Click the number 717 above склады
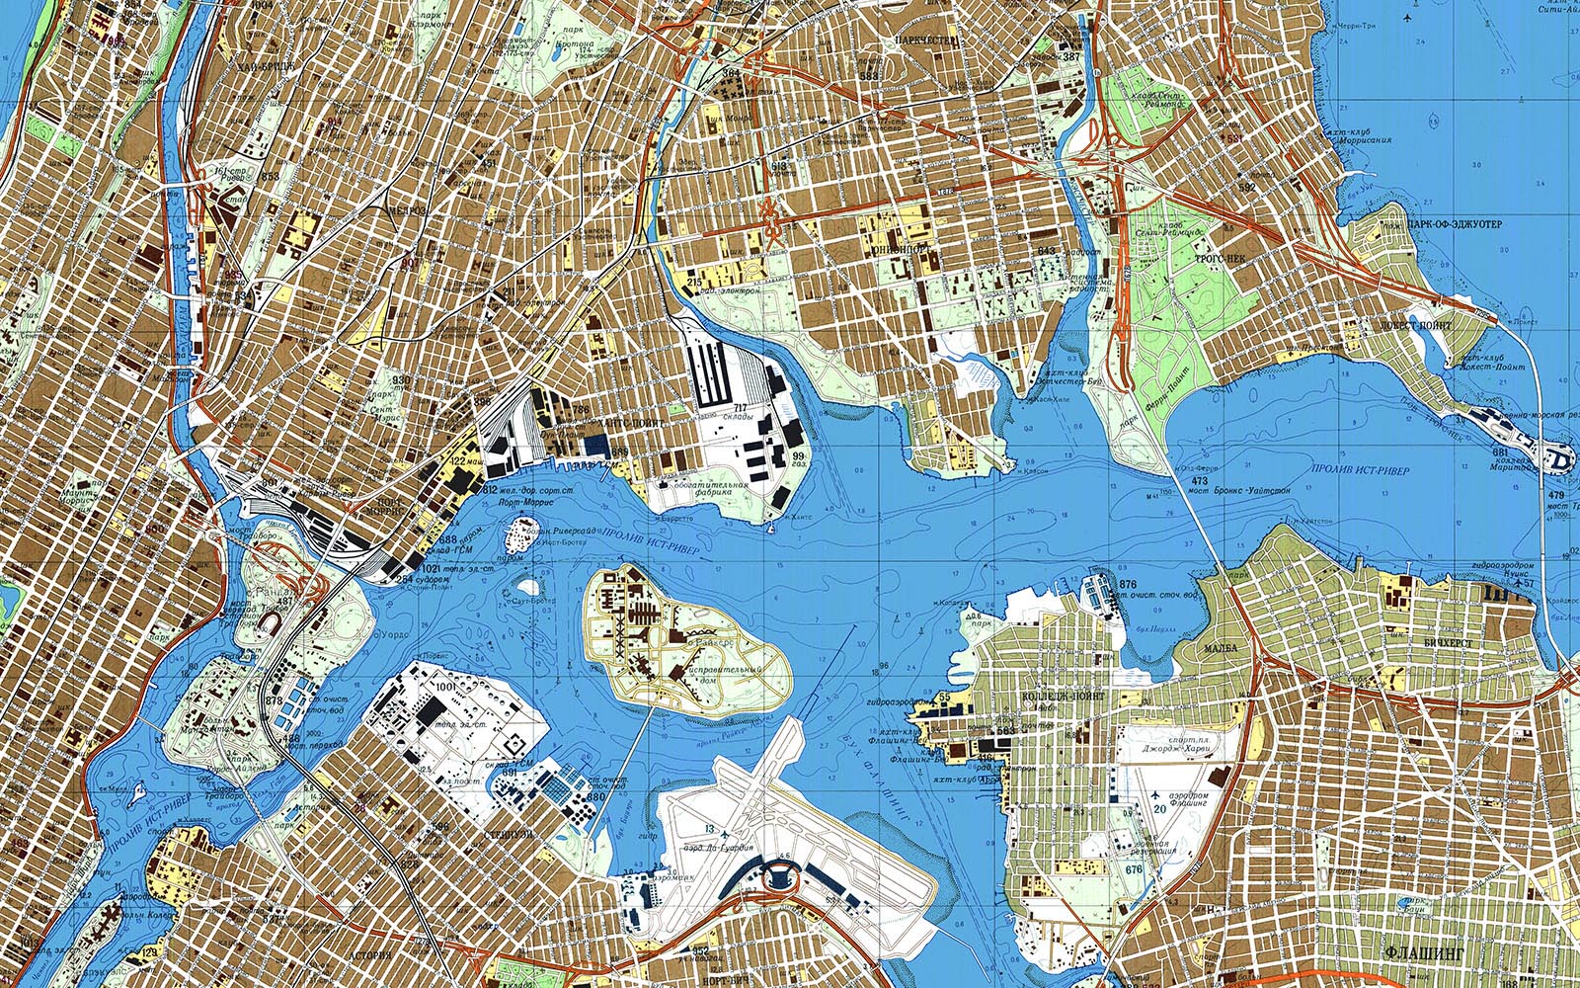click(x=739, y=407)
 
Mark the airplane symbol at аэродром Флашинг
click(x=1157, y=794)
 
